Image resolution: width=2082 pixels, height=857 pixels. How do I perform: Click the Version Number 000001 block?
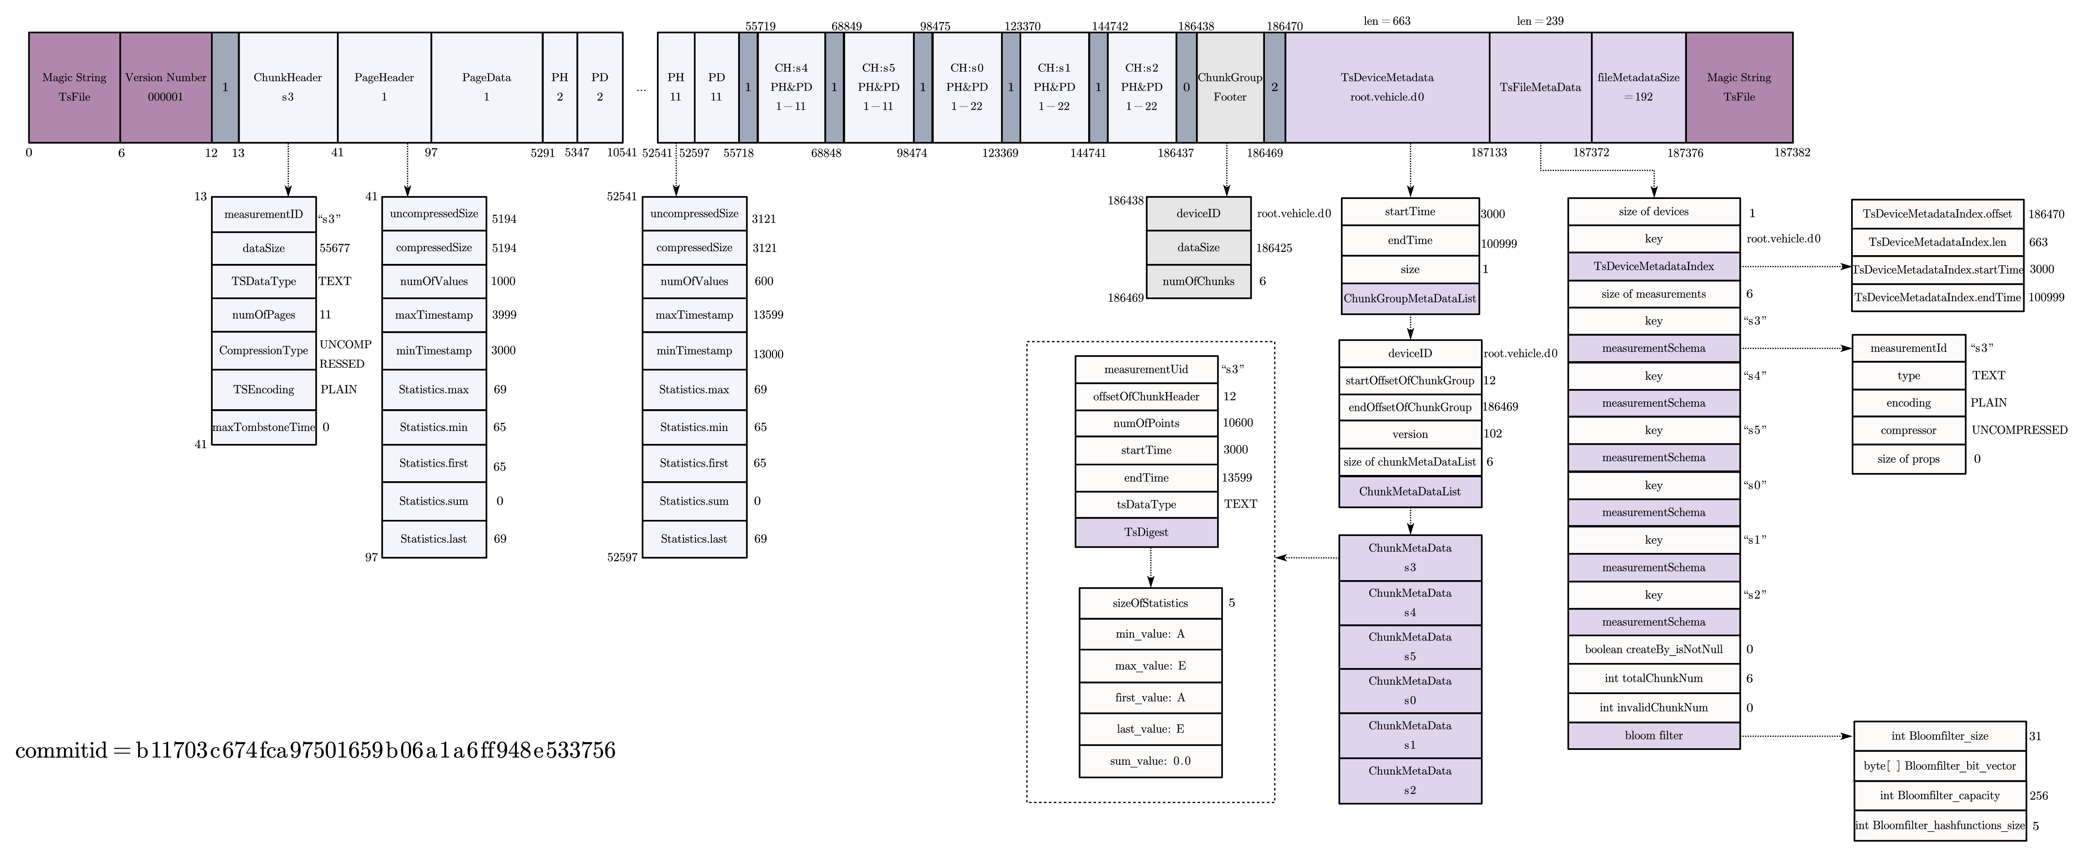[x=166, y=87]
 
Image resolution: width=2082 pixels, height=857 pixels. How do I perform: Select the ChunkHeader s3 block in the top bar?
[x=288, y=87]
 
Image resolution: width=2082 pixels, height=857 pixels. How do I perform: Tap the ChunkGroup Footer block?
[x=1229, y=87]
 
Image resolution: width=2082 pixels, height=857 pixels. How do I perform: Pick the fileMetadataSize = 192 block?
[x=1638, y=87]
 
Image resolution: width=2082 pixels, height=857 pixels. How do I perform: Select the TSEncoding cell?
[x=264, y=390]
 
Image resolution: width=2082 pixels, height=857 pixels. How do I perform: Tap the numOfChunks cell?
[x=1198, y=281]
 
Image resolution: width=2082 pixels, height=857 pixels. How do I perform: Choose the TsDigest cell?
[x=1146, y=532]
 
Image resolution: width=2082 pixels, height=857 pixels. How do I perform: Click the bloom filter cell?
[x=1654, y=736]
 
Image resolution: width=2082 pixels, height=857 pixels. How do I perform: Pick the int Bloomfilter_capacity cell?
[x=1939, y=796]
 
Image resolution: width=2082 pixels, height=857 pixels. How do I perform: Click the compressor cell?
[x=1908, y=430]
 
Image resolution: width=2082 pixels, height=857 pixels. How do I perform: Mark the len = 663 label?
[x=1387, y=21]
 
